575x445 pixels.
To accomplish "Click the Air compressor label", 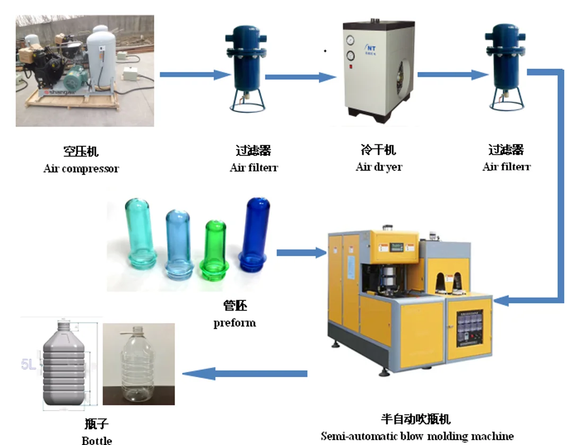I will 81,169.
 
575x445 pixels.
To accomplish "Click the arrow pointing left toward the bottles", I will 244,374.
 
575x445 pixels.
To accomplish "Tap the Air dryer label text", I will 379,167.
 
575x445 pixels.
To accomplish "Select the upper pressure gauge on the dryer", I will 350,40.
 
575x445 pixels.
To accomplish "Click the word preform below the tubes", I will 234,322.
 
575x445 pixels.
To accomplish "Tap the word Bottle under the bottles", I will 97,440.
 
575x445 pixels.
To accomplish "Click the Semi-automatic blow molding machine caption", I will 417,436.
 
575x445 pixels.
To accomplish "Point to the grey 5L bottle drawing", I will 64,365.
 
